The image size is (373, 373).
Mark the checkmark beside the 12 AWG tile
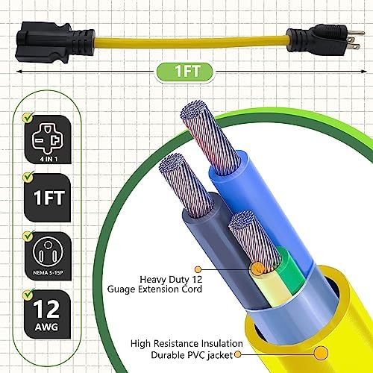tap(28, 287)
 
